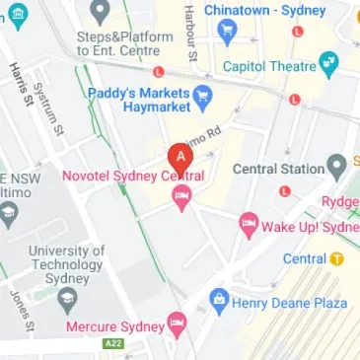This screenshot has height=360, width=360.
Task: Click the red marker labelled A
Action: pyautogui.click(x=180, y=158)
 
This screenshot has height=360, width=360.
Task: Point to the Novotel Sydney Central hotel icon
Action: pyautogui.click(x=181, y=200)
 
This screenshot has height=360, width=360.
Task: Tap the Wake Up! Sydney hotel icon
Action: pyautogui.click(x=248, y=226)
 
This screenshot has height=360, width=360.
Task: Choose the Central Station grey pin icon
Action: pyautogui.click(x=337, y=164)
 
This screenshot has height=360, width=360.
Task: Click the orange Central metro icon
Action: pyautogui.click(x=337, y=259)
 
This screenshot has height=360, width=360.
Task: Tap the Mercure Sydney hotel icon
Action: pyautogui.click(x=177, y=323)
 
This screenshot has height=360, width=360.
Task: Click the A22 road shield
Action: pyautogui.click(x=113, y=343)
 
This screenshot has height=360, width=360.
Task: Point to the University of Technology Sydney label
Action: pyautogui.click(x=66, y=263)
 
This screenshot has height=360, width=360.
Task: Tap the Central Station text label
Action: pyautogui.click(x=277, y=169)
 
